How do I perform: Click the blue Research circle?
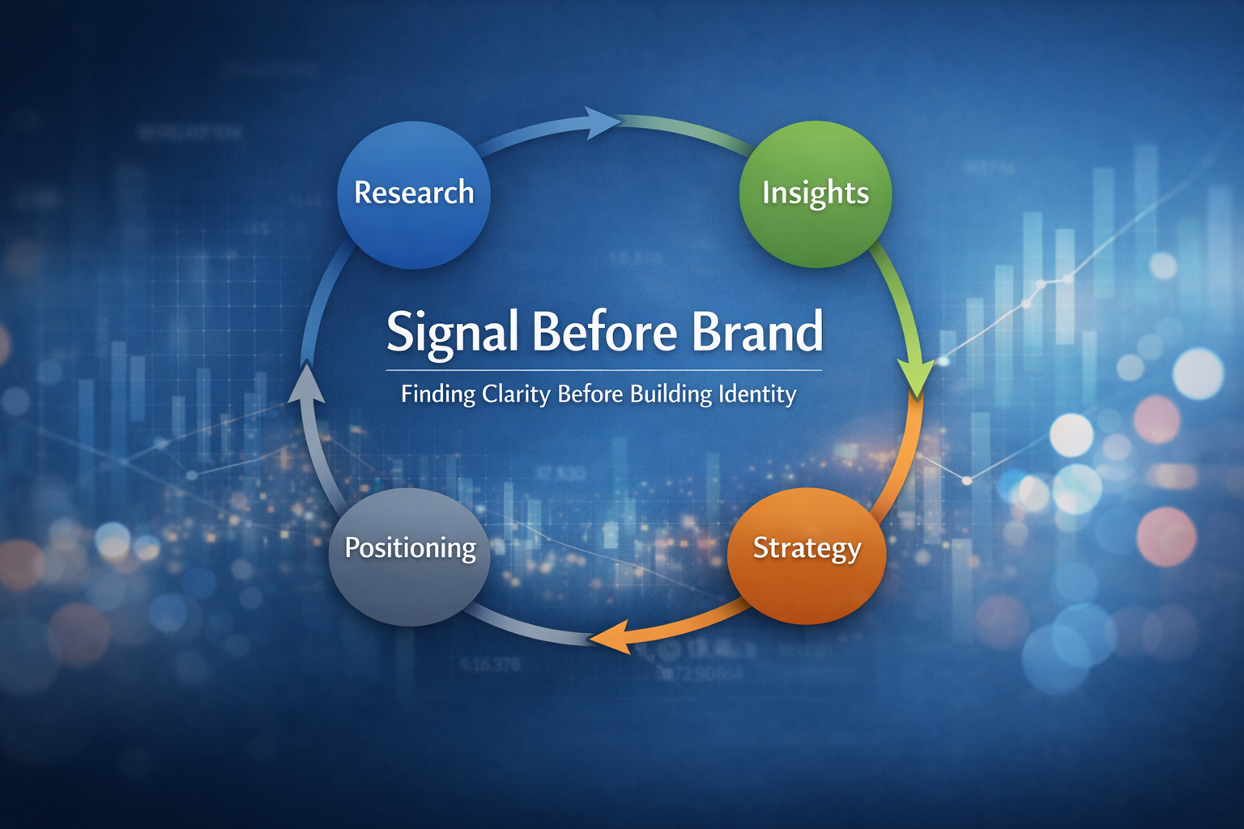[x=413, y=219]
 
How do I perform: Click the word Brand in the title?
[x=757, y=332]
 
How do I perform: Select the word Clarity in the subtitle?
[x=515, y=395]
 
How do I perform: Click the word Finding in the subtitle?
[x=437, y=395]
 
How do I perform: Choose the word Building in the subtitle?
[x=671, y=395]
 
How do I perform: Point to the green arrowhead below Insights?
[x=917, y=376]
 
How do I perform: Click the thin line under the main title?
[x=603, y=370]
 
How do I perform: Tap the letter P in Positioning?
[x=352, y=548]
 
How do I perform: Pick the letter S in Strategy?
[x=761, y=548]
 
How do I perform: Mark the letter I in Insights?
[x=765, y=193]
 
